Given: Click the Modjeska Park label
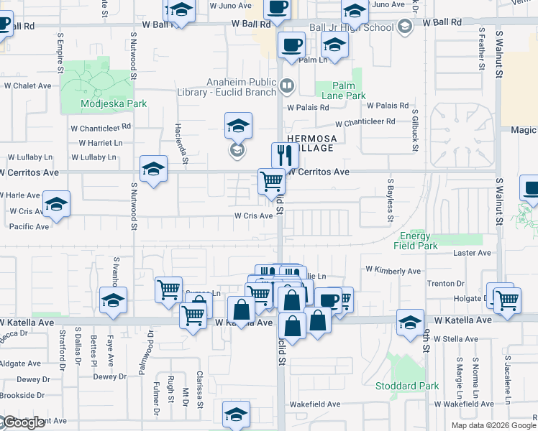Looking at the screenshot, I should pyautogui.click(x=114, y=103).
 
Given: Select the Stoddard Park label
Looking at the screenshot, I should pyautogui.click(x=407, y=386).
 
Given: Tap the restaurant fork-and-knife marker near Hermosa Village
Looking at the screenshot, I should pyautogui.click(x=285, y=155).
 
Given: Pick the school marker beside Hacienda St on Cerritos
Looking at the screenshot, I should pyautogui.click(x=152, y=170).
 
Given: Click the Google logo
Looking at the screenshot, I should pyautogui.click(x=23, y=423).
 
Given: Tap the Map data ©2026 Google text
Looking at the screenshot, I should pyautogui.click(x=493, y=425).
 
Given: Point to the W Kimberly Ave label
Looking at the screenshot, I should pyautogui.click(x=393, y=271).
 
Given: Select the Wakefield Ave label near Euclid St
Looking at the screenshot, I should pyautogui.click(x=314, y=404).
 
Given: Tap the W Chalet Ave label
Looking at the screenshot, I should pyautogui.click(x=27, y=85).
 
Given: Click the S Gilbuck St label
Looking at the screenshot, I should pyautogui.click(x=415, y=130).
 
